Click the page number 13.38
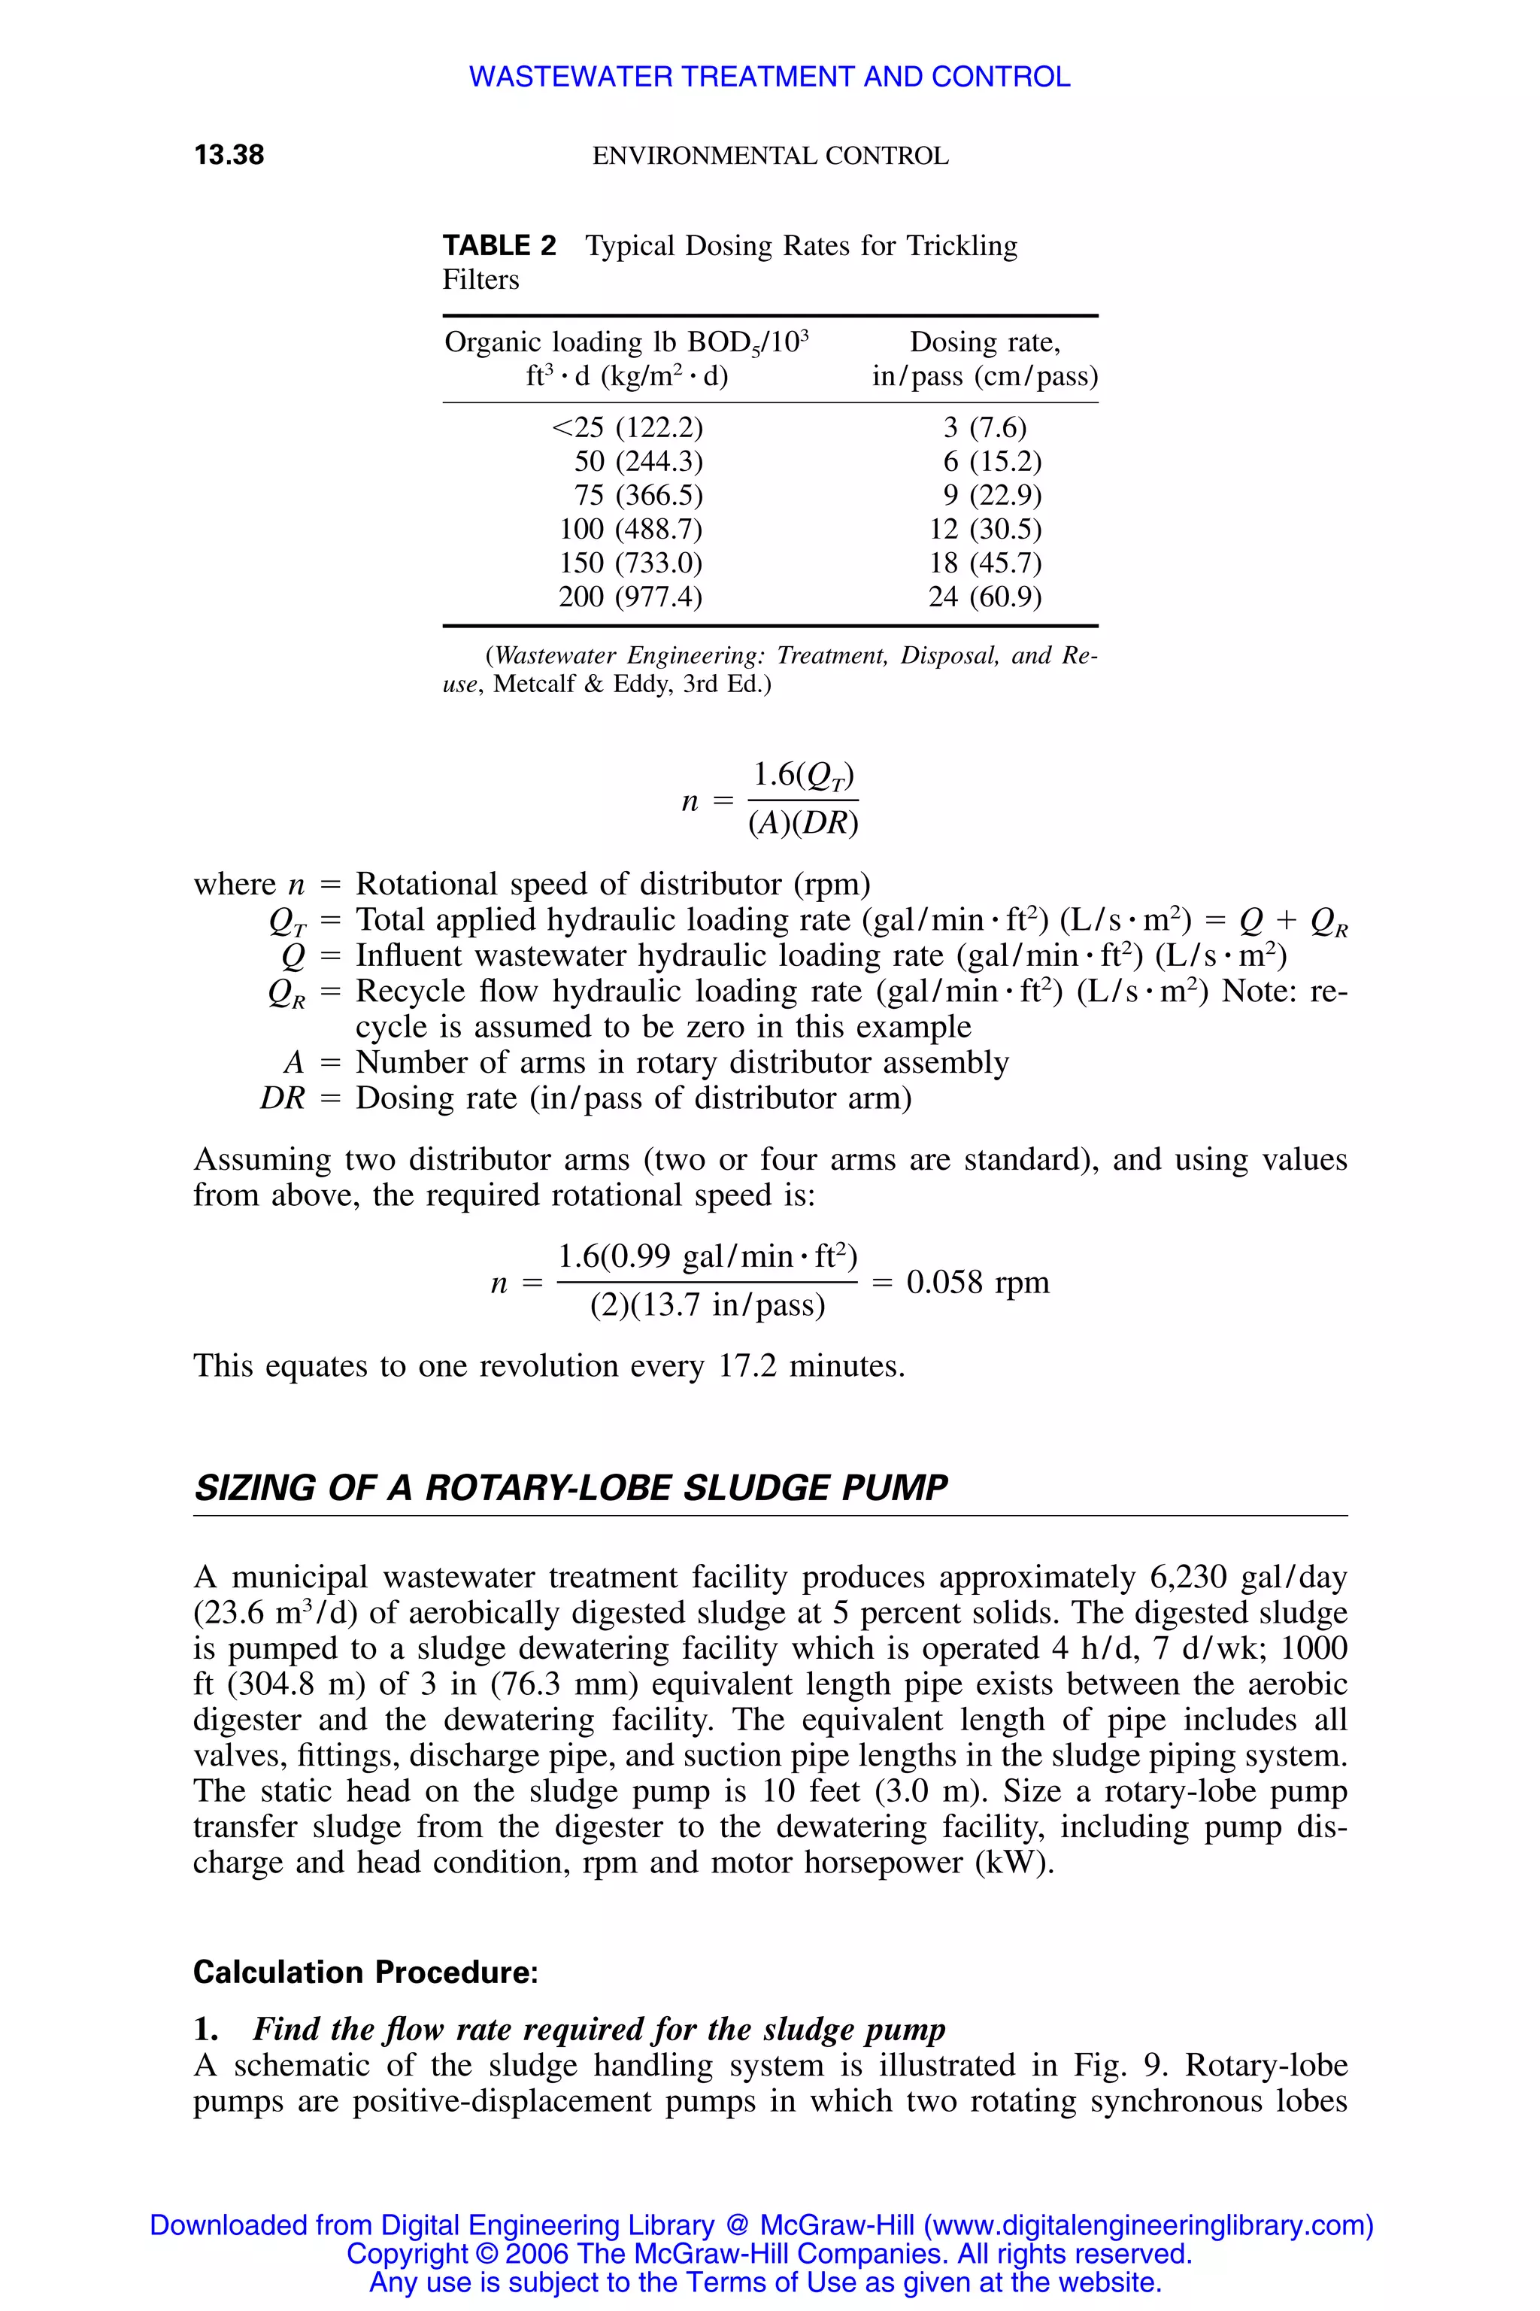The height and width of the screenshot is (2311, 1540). tap(229, 155)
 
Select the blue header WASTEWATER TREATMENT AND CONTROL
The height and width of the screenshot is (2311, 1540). tap(769, 77)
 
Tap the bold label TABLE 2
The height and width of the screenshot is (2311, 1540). tap(499, 246)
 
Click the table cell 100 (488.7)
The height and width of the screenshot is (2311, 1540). tap(631, 530)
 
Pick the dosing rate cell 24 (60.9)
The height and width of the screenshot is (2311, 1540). tap(984, 597)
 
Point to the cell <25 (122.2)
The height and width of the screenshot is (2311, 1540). tap(628, 427)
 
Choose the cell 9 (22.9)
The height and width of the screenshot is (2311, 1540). tap(992, 495)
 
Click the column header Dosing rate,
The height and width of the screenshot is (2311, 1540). tap(984, 342)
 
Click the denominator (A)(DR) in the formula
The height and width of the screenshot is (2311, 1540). tap(802, 824)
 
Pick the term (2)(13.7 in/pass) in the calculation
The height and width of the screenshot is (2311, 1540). tap(707, 1305)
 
